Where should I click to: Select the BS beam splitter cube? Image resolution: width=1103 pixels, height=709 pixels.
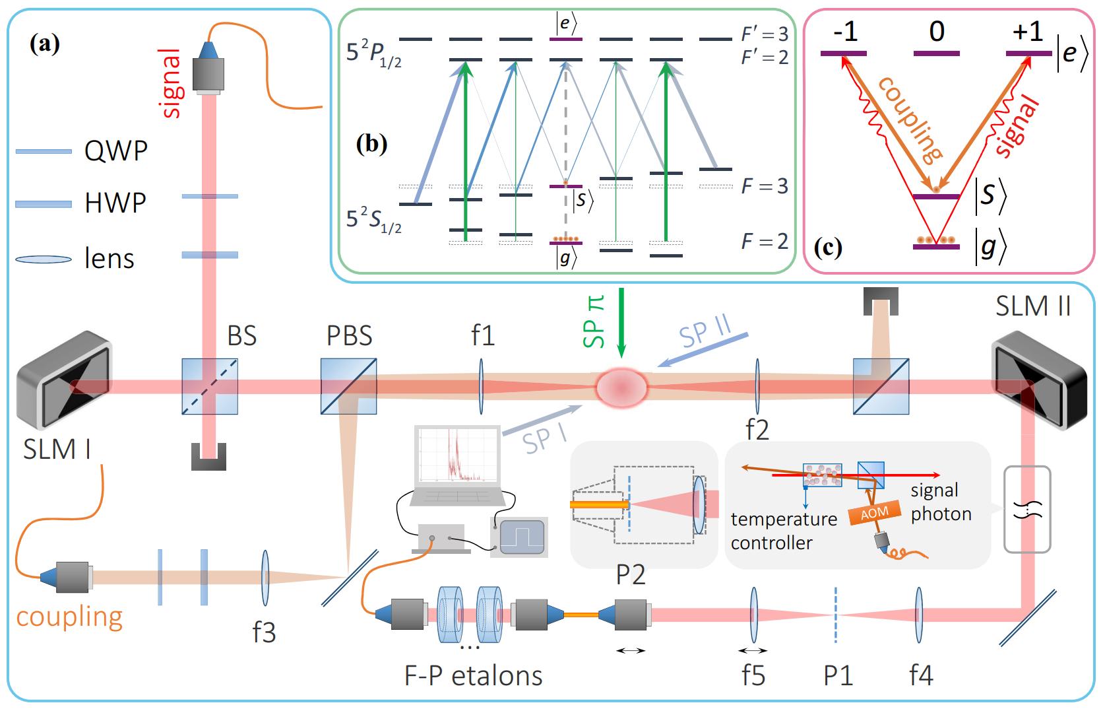click(210, 386)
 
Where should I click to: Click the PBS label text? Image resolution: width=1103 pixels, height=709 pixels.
click(350, 336)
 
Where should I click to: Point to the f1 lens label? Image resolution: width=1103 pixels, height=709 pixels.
click(482, 336)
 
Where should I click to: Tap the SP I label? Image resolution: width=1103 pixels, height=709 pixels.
click(544, 440)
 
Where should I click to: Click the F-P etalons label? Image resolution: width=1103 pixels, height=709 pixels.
click(474, 675)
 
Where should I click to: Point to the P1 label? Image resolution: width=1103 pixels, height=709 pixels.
click(838, 675)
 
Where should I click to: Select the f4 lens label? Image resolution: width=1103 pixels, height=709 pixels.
click(921, 675)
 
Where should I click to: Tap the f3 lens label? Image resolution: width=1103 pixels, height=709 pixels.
click(264, 632)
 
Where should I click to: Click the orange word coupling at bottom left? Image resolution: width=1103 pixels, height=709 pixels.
click(69, 617)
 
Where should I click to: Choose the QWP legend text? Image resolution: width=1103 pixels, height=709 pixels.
click(115, 152)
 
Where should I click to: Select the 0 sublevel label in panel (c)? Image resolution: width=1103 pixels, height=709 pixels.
click(937, 32)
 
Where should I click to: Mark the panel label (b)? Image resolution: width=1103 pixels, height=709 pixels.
click(371, 145)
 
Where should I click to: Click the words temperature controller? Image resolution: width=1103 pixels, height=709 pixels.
click(784, 531)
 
